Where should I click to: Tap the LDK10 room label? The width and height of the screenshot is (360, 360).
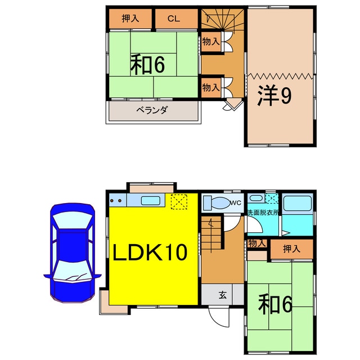click(151, 254)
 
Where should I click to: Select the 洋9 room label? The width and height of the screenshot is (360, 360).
click(274, 97)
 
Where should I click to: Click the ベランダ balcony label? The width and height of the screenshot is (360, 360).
click(152, 110)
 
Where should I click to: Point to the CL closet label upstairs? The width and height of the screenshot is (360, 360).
click(173, 19)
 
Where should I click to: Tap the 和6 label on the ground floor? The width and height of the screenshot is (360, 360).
click(276, 305)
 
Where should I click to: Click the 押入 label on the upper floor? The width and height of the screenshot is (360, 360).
click(130, 19)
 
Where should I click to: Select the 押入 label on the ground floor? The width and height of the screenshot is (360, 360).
click(290, 248)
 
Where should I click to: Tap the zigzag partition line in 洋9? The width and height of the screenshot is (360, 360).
click(280, 76)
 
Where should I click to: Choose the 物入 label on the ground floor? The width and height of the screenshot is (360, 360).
click(256, 243)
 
